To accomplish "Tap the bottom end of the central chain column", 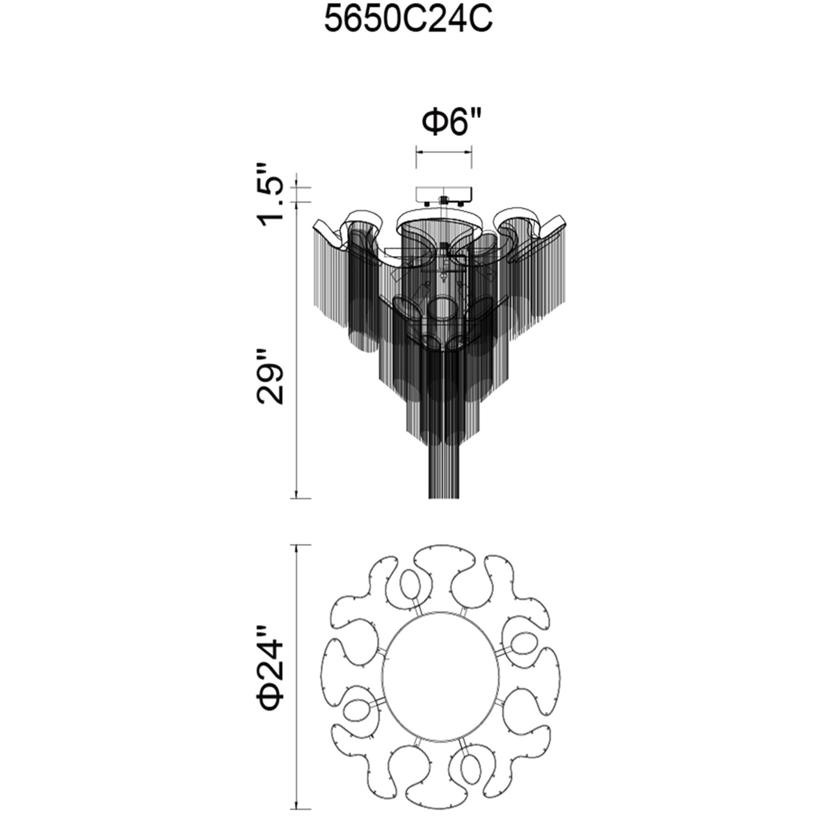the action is pos(444,497).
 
